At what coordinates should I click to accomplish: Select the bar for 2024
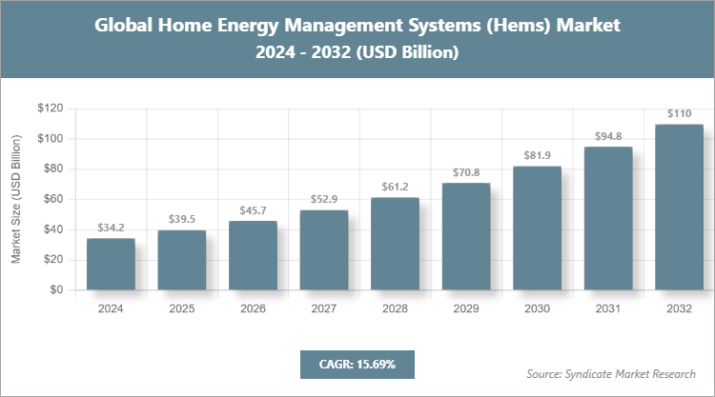click(x=111, y=264)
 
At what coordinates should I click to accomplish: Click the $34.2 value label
click(x=111, y=228)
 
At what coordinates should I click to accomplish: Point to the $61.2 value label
click(x=396, y=188)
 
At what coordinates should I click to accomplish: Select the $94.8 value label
click(x=608, y=137)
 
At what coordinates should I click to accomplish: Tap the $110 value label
click(x=679, y=114)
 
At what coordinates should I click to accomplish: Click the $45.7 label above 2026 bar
click(x=254, y=211)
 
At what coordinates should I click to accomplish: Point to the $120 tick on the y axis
click(x=50, y=109)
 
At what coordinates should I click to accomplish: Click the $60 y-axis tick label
click(x=52, y=199)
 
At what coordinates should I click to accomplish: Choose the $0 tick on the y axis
click(x=56, y=289)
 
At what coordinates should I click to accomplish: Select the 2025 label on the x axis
click(x=182, y=308)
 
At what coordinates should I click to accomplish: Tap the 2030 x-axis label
click(x=538, y=308)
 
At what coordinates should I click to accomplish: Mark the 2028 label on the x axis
click(x=396, y=308)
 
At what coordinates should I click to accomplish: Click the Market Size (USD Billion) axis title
click(x=16, y=199)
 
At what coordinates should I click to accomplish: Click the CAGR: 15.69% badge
click(x=357, y=364)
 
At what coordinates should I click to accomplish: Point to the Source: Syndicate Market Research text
click(x=611, y=372)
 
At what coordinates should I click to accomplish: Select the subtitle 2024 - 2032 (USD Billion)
click(x=357, y=53)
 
